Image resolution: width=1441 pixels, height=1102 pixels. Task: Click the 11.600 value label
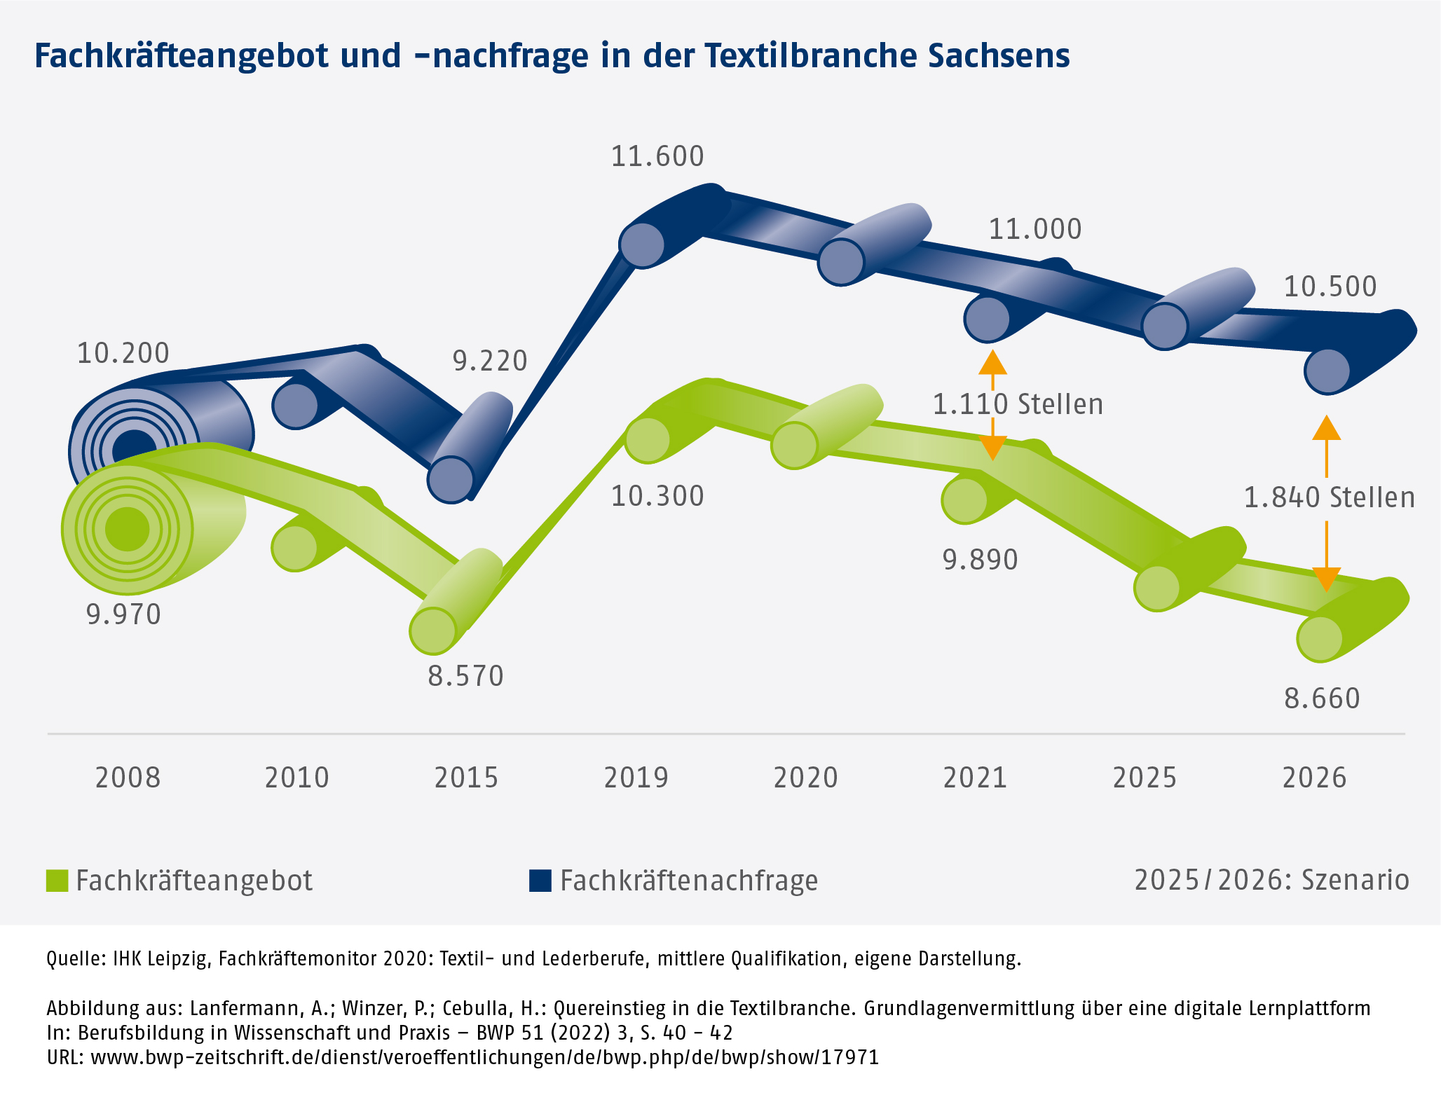657,156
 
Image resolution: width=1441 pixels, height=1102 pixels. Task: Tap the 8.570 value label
465,677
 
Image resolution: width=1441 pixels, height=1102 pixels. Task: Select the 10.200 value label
123,353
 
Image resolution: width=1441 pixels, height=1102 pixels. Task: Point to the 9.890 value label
980,560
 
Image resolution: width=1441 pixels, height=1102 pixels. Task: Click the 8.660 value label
1322,698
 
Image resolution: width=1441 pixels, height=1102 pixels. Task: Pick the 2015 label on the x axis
466,778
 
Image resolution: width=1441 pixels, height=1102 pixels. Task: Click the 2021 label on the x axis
975,778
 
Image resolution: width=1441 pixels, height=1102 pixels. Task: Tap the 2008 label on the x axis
128,778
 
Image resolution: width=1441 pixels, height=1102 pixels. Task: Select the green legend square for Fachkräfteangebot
57,881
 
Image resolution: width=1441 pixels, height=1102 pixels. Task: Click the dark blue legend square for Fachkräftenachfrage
540,881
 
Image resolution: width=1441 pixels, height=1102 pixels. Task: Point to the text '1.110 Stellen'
1018,404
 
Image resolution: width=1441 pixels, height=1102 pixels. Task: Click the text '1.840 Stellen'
1329,497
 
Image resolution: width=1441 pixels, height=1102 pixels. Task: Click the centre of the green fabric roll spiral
128,530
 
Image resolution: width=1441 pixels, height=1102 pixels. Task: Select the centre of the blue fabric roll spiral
133,446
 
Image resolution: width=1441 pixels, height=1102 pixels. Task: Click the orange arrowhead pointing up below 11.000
992,361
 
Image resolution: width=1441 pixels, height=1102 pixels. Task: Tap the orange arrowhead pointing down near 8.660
1325,579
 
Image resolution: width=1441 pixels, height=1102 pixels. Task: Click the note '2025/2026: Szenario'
1271,881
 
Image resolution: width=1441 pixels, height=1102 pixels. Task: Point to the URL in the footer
484,1057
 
